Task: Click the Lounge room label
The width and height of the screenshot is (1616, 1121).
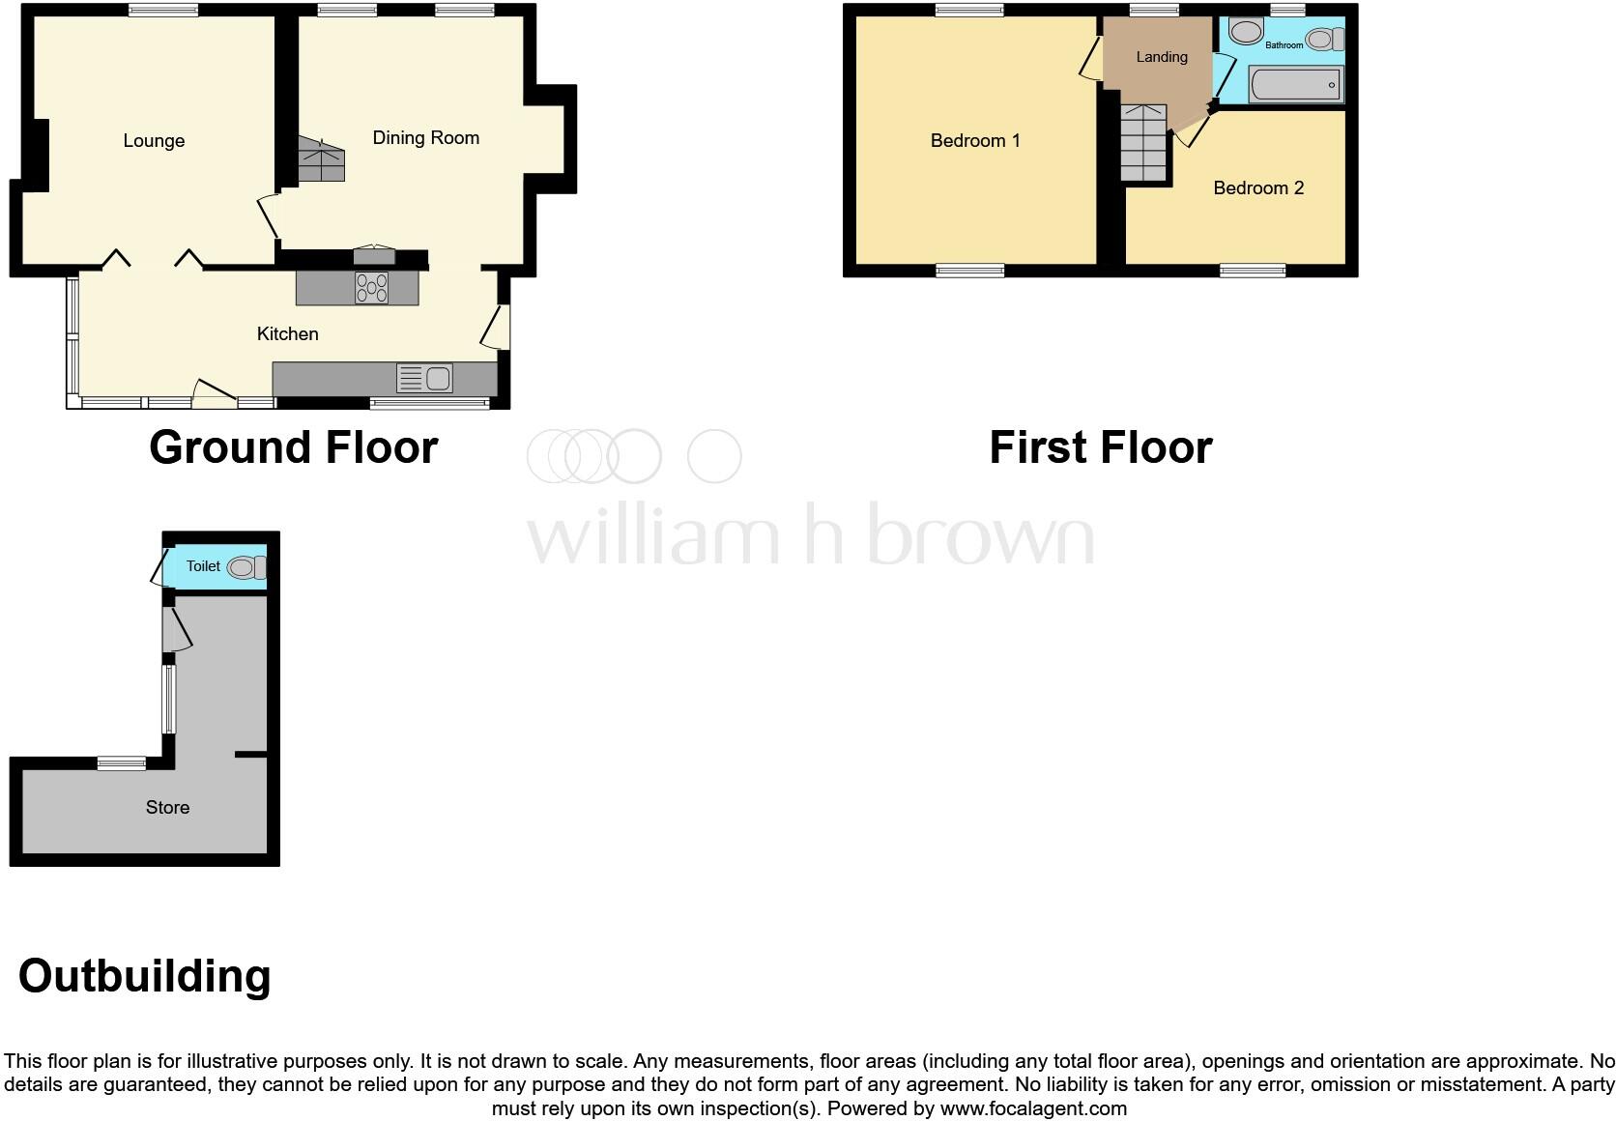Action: (x=154, y=141)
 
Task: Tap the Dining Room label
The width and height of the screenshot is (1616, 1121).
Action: (x=425, y=138)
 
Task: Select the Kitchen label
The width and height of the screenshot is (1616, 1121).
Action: (x=287, y=334)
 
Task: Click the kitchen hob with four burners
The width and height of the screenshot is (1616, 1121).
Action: (x=372, y=287)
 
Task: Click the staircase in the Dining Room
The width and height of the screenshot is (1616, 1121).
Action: (x=320, y=160)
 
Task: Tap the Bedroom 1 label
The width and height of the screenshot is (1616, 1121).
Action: (x=974, y=141)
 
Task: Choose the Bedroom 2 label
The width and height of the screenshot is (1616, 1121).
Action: (x=1257, y=188)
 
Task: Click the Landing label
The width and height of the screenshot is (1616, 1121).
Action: (x=1161, y=57)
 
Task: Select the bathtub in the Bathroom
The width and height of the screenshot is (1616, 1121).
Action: (x=1294, y=85)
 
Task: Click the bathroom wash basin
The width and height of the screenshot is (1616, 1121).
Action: (x=1246, y=32)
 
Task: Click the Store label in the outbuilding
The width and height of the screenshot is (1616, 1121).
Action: (x=167, y=808)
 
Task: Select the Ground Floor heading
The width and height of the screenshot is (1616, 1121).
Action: (x=294, y=447)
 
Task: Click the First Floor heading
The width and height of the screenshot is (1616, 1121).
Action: (x=1100, y=447)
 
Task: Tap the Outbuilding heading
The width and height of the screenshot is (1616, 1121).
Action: (x=145, y=976)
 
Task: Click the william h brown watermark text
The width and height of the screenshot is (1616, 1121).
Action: (x=810, y=534)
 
